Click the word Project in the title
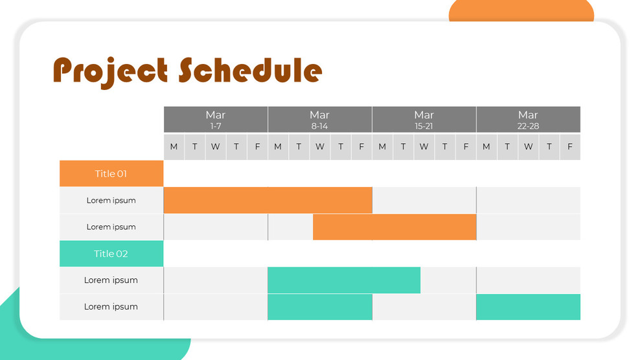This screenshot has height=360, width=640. coord(110,71)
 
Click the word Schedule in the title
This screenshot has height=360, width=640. coord(250,70)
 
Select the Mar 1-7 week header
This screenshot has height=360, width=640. coord(216,120)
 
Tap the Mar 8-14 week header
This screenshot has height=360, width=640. coord(320,120)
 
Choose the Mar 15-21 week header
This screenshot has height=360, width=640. coord(424,120)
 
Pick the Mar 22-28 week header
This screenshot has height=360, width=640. coord(528,120)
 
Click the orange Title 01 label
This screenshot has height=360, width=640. coord(111,174)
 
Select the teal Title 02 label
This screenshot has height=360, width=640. coord(111,254)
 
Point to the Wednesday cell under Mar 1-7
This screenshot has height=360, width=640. coord(216,147)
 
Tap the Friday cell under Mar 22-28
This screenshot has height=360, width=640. coord(570,147)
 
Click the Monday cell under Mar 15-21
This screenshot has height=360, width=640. coord(382,147)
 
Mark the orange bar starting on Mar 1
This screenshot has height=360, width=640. coord(268,200)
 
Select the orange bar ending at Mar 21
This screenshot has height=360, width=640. coord(394,227)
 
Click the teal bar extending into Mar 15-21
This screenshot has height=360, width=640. coord(344,280)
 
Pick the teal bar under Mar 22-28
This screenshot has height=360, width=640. coord(528,307)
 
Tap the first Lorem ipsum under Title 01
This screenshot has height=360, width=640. coord(111,200)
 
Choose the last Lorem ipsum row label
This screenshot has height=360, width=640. coord(111,307)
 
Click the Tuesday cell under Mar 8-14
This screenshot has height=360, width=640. coord(299,147)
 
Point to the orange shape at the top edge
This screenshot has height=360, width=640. coord(521,10)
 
